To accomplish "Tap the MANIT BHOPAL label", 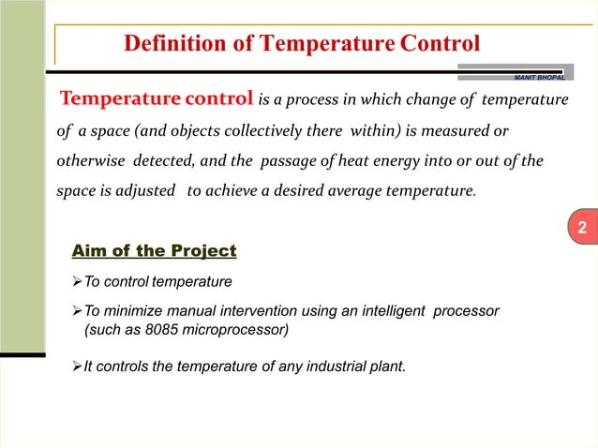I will coord(537,75).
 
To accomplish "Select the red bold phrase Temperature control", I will coord(157,98).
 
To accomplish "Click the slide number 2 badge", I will coord(581,229).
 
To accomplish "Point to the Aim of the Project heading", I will coord(155,251).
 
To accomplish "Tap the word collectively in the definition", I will coord(265,129).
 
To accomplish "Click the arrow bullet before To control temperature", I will coord(78,281).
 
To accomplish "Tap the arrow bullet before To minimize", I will coord(78,309).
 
